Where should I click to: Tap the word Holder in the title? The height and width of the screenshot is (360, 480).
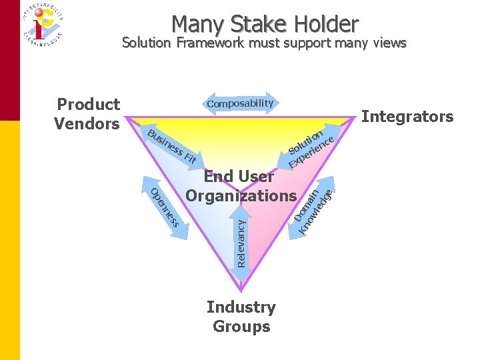coord(325,25)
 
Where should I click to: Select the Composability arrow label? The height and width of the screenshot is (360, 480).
coord(240,103)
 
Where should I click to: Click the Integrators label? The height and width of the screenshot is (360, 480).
coord(407,117)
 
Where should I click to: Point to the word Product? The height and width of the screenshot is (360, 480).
coord(89,105)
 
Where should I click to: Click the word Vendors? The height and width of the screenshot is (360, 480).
coord(87,124)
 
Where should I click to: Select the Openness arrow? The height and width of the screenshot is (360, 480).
coord(163,207)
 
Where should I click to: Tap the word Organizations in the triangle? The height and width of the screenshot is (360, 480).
coord(240,196)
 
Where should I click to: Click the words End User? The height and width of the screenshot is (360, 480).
coord(238,177)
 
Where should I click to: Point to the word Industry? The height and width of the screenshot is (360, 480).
coord(241,307)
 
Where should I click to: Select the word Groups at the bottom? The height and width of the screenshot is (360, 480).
coord(241,327)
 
